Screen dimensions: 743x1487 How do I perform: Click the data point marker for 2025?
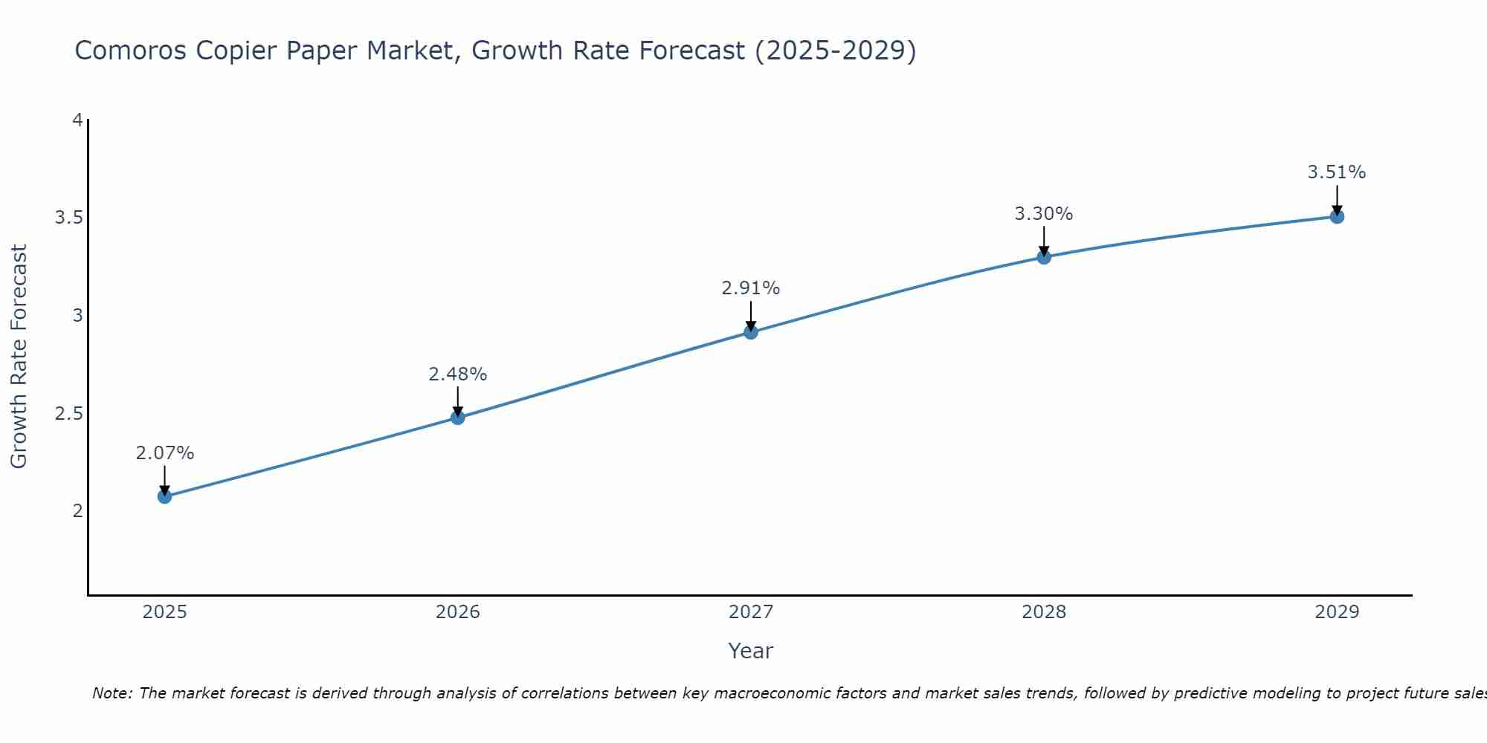[165, 496]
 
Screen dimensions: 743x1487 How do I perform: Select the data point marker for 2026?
[458, 418]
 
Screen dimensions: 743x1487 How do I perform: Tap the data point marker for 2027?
[751, 332]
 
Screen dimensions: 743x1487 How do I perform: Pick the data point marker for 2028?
[1044, 257]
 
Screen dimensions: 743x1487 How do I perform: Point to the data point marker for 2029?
[1337, 217]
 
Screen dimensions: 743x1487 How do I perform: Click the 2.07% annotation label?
[165, 453]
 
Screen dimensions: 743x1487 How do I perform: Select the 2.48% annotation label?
[458, 374]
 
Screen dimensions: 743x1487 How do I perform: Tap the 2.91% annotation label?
[751, 288]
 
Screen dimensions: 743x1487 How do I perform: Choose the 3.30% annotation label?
[1044, 214]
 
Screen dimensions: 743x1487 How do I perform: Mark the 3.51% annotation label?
[1337, 172]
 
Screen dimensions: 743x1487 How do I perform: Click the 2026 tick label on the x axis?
[458, 612]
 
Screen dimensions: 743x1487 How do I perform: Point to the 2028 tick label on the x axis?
[1044, 612]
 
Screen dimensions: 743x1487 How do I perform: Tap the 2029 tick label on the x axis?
[1337, 612]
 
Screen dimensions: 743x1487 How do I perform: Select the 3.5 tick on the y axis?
[68, 218]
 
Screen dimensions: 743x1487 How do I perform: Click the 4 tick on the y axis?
[77, 120]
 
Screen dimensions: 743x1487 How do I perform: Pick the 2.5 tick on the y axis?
[68, 413]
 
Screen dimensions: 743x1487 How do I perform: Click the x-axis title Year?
[751, 651]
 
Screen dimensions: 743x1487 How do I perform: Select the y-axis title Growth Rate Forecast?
[19, 357]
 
